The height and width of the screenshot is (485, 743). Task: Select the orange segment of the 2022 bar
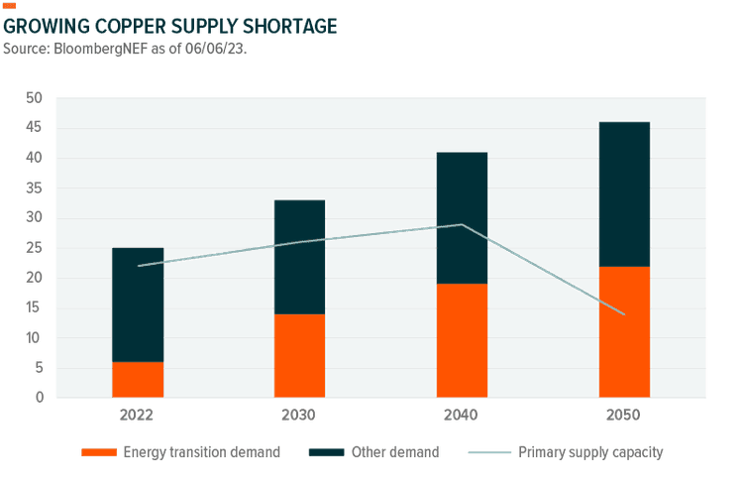(138, 380)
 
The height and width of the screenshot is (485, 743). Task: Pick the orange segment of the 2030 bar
(299, 355)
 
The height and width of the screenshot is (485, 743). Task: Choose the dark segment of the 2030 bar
(299, 257)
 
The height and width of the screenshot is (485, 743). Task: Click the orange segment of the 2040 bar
(462, 340)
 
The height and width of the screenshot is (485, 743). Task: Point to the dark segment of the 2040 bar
(462, 217)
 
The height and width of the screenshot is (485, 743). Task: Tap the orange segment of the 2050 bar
(624, 332)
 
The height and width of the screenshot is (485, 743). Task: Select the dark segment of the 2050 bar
(624, 193)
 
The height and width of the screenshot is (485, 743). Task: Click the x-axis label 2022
(138, 414)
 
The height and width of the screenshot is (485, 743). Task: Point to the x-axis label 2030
(299, 414)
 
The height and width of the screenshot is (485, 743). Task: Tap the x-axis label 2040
(462, 414)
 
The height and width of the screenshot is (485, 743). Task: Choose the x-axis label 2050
(624, 414)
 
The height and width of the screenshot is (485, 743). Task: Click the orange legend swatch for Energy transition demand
(99, 452)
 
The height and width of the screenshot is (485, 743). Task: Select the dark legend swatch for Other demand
(326, 452)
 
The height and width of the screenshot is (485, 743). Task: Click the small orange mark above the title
(10, 6)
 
